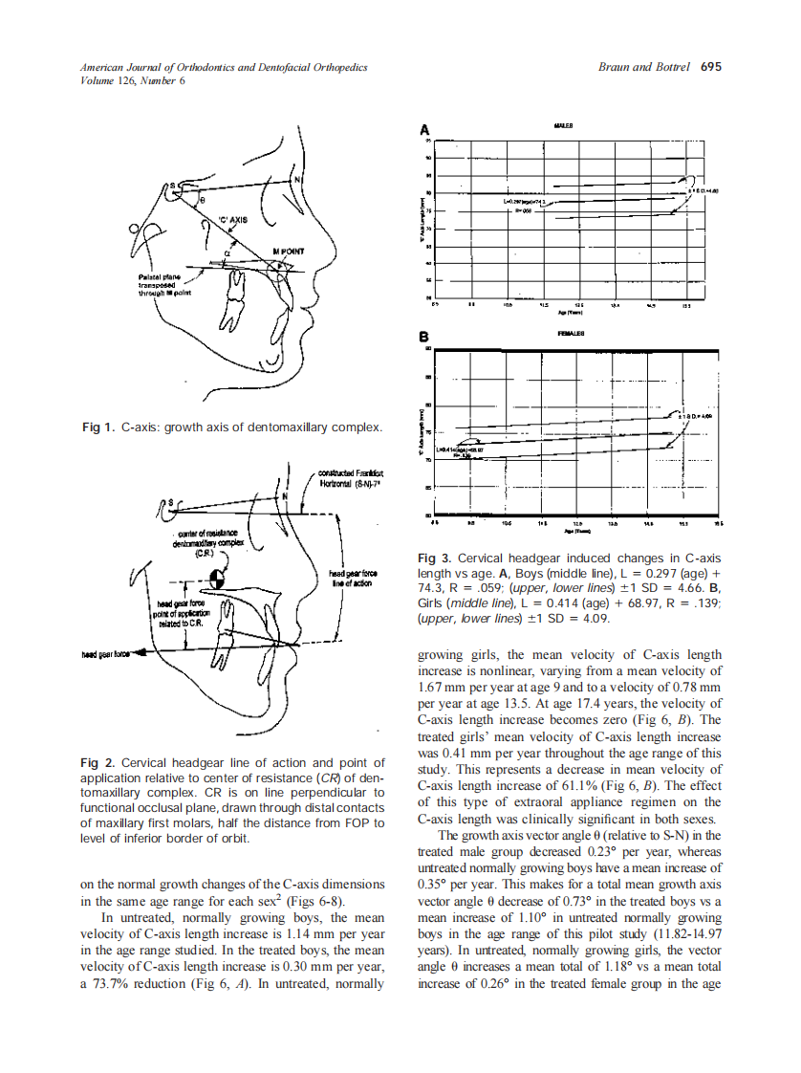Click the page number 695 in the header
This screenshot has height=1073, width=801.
coord(711,68)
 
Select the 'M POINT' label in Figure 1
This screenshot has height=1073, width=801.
coord(289,252)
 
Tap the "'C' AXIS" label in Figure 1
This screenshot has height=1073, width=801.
coord(233,219)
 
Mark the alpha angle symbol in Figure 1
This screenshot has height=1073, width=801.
coord(227,253)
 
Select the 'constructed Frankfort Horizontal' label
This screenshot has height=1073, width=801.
coord(353,478)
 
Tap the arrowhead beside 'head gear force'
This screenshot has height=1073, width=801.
coord(141,653)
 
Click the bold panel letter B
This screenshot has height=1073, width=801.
coord(424,338)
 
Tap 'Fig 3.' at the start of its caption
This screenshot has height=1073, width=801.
coord(436,558)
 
